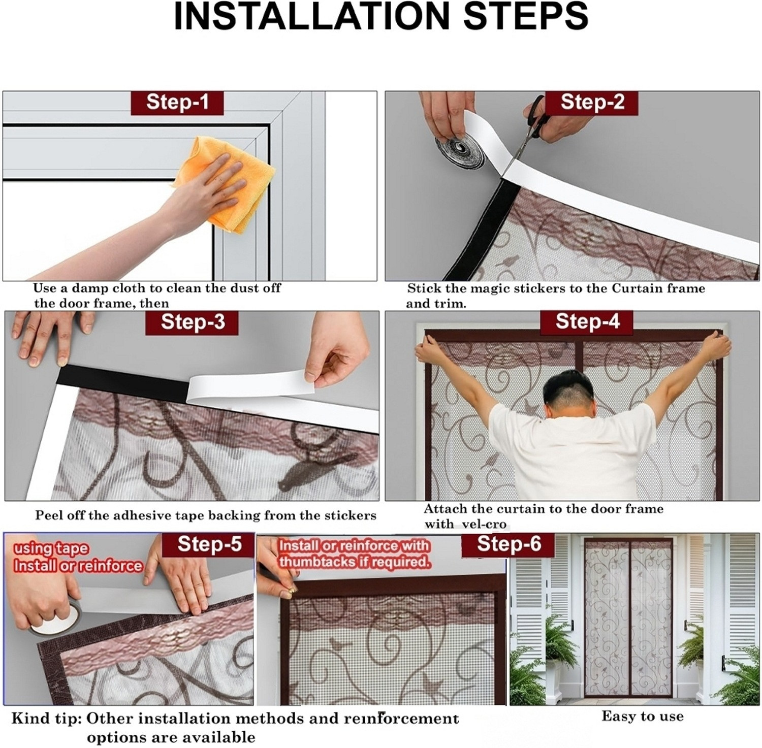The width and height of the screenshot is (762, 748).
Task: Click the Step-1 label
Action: [177, 103]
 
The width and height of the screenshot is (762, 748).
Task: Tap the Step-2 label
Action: [592, 103]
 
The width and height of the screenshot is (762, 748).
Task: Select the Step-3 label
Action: [192, 322]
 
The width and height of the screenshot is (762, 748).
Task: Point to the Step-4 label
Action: [587, 322]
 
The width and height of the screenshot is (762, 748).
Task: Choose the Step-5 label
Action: [208, 545]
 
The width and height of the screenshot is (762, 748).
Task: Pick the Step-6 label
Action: [508, 545]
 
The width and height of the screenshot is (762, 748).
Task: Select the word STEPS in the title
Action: [526, 16]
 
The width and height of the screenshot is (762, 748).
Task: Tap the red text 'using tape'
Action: [51, 549]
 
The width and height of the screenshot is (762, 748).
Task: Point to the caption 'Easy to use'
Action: [643, 717]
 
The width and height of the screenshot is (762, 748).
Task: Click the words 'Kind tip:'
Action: [46, 719]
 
